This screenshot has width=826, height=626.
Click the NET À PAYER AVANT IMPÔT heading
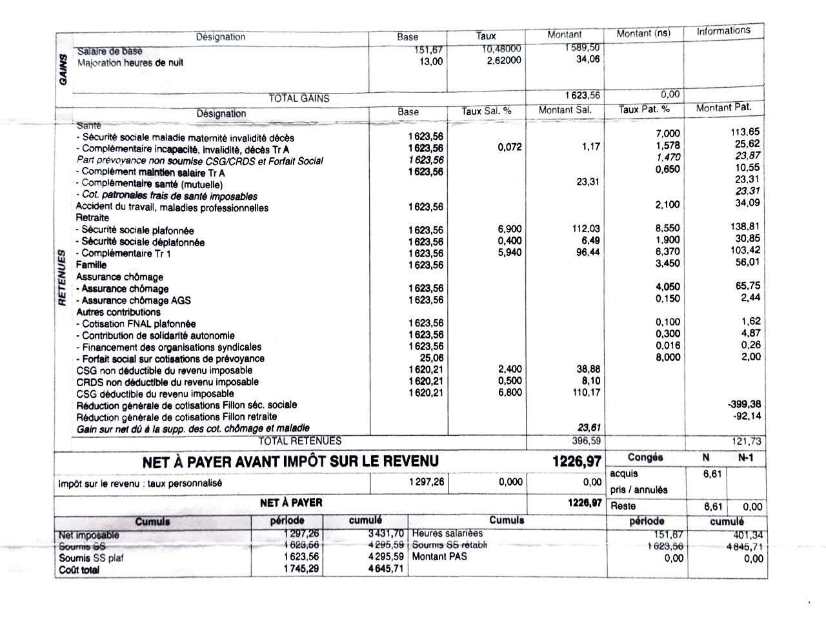(290, 461)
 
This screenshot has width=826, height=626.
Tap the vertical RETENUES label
(63, 277)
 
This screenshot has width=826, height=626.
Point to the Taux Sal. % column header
(486, 111)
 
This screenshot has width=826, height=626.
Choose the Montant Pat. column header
(723, 108)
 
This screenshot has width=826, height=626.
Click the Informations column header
(723, 30)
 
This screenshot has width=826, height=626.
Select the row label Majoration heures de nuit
(130, 63)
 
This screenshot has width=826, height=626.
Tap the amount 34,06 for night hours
(587, 59)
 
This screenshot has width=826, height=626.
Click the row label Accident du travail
(172, 208)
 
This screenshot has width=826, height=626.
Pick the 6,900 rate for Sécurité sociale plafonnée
(510, 229)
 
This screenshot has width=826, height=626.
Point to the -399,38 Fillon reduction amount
(744, 404)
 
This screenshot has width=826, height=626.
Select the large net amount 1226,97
(576, 462)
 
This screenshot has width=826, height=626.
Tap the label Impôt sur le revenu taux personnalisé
(140, 483)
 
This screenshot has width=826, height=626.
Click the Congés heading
(645, 457)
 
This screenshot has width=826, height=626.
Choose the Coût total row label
(79, 570)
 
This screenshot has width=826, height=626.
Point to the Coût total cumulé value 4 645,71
(386, 569)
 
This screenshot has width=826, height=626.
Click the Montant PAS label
(439, 556)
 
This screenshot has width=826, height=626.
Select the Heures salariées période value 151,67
(668, 534)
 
